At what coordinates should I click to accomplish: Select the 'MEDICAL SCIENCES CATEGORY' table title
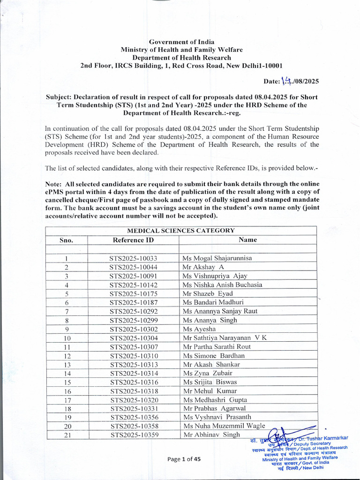180,231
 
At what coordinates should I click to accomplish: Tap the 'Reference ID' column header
133,240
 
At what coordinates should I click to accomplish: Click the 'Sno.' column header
67,240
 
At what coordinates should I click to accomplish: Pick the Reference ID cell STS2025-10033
133,258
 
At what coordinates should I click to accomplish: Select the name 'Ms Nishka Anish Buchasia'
222,285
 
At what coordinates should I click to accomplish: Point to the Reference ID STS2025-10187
134,302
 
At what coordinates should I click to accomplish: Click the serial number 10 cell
67,338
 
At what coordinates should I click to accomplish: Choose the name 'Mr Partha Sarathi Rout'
217,346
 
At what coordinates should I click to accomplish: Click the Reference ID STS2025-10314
134,373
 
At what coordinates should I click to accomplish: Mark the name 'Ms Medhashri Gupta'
215,400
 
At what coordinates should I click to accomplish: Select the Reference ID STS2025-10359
134,435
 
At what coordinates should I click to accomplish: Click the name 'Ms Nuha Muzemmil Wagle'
224,426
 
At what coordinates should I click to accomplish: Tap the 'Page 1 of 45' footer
184,459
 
